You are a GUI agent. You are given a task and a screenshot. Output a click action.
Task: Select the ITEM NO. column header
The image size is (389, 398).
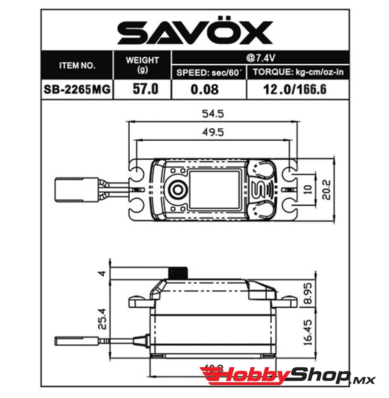click(x=77, y=66)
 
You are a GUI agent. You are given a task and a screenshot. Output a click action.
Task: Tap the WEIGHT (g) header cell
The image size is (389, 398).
click(x=142, y=65)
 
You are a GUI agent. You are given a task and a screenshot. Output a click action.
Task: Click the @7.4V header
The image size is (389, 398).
click(x=260, y=58)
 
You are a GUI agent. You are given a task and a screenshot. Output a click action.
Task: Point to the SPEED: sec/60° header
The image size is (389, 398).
click(x=209, y=72)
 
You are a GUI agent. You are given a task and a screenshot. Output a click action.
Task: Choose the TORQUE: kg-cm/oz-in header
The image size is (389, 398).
click(x=298, y=72)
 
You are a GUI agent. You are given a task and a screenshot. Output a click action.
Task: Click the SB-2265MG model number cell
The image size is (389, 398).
click(x=77, y=89)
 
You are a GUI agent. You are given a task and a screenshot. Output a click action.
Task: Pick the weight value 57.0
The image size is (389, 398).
click(x=142, y=89)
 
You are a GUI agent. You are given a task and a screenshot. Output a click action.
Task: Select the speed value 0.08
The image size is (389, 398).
click(x=205, y=89)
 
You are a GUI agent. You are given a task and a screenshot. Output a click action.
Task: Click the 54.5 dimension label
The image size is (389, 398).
click(x=213, y=114)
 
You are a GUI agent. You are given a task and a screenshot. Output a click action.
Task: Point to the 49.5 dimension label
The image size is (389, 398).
click(x=213, y=132)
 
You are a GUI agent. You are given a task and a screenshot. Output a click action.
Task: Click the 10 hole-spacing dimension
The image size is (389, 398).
click(x=308, y=189)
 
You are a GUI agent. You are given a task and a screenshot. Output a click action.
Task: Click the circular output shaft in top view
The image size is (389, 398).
click(x=178, y=189)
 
